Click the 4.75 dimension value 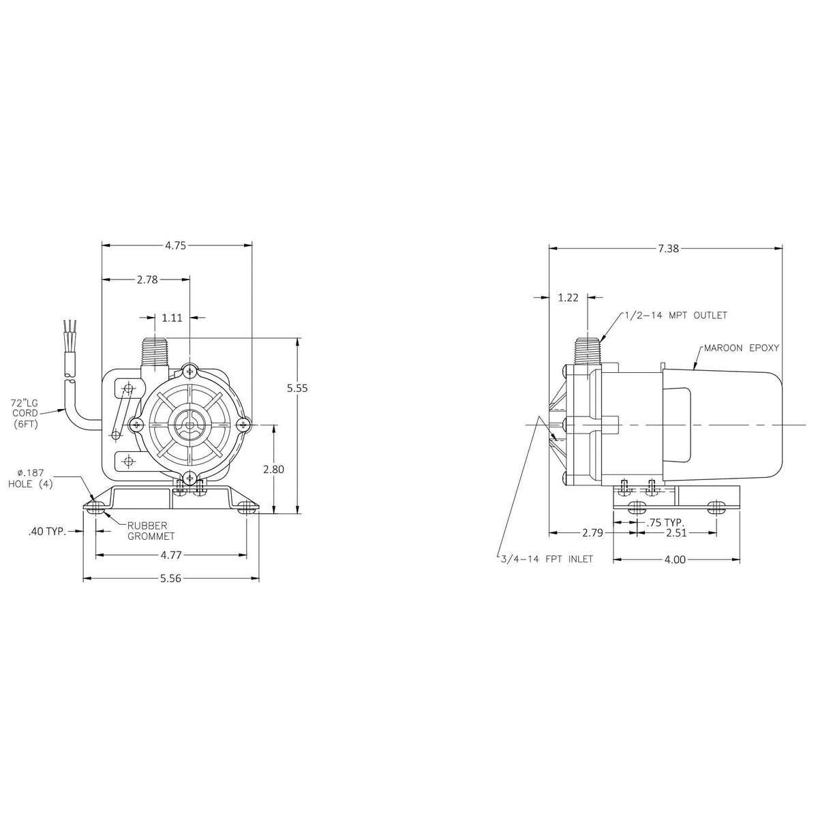tap(175, 245)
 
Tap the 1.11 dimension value tap(172, 317)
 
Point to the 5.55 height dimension tap(297, 388)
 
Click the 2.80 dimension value tap(273, 469)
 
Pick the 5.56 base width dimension tap(170, 579)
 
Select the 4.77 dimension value tap(170, 556)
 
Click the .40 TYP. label tap(48, 531)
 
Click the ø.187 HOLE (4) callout tap(31, 478)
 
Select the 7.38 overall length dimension tap(668, 249)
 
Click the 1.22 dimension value tap(568, 297)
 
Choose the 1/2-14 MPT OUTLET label tap(676, 316)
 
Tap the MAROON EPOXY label tap(742, 348)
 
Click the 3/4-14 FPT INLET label tap(545, 559)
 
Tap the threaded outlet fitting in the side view tap(586, 350)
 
